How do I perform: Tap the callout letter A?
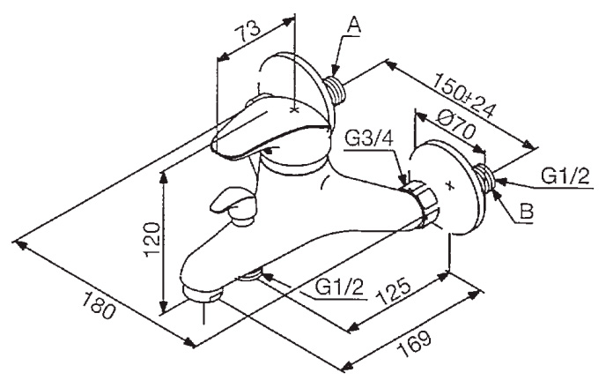coord(353,26)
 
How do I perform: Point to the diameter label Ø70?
coord(454,126)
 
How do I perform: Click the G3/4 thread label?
coord(369,138)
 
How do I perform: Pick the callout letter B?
coord(526,212)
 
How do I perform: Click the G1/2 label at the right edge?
coord(565,176)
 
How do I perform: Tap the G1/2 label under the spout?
coord(340,287)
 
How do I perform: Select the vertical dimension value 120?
coord(152,240)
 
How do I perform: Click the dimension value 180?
coord(99,305)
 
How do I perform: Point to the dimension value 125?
coord(393,290)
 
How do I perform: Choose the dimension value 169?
coord(414,344)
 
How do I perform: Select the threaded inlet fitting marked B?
coord(486,179)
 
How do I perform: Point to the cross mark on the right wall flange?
coord(449,185)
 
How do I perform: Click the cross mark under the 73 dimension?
coord(294,110)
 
